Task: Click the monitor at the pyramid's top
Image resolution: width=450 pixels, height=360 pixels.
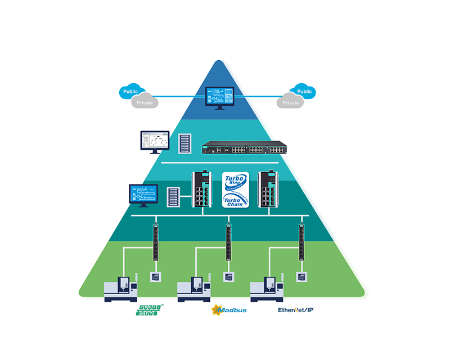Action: pyautogui.click(x=220, y=97)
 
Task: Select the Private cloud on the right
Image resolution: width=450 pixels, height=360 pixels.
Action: pyautogui.click(x=290, y=102)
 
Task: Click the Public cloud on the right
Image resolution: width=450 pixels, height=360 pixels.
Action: pyautogui.click(x=304, y=91)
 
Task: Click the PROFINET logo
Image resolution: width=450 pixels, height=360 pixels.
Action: pyautogui.click(x=148, y=310)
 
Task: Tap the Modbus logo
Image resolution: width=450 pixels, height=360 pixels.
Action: pyautogui.click(x=228, y=310)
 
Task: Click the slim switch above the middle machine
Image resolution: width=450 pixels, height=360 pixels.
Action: pyautogui.click(x=228, y=242)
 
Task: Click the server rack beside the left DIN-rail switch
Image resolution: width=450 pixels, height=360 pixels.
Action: pyautogui.click(x=174, y=197)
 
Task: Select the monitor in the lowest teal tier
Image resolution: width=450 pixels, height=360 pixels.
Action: pyautogui.click(x=144, y=195)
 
